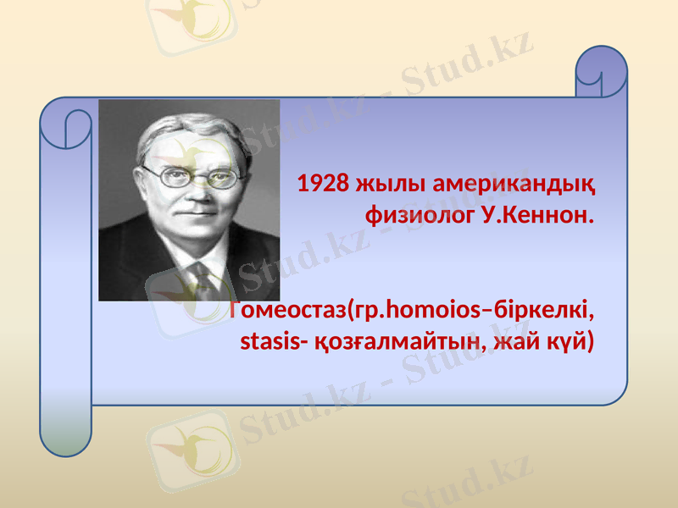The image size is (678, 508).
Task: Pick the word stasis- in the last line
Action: coord(270,342)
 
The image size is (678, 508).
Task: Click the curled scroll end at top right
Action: coord(601,73)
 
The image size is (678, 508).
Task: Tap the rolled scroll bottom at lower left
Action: coord(65,432)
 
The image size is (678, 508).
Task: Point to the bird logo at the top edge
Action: coord(191,17)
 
